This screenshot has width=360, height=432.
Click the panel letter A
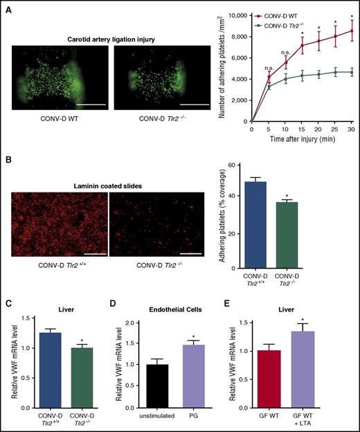point(8,8)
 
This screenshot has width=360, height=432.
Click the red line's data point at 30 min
point(352,30)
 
